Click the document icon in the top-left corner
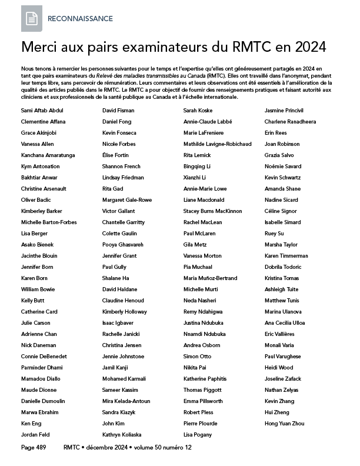[32, 19]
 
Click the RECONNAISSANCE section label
[80, 19]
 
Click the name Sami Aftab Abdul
[42, 111]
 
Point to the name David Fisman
[118, 111]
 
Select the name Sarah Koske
[198, 111]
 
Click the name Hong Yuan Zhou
[285, 424]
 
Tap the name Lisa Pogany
[198, 435]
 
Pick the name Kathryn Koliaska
[121, 435]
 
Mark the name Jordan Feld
[36, 435]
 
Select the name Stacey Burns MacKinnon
[212, 211]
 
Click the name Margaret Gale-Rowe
[126, 200]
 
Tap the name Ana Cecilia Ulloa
[285, 323]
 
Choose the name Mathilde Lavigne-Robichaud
[217, 144]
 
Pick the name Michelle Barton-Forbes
[49, 222]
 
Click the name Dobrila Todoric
[282, 267]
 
